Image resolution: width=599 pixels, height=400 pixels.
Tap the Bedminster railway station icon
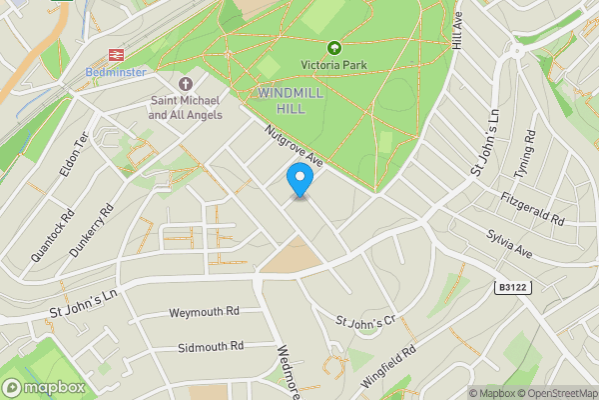(117, 55)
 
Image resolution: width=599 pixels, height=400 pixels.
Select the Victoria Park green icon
(332, 47)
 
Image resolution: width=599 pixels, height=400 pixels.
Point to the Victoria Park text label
(332, 66)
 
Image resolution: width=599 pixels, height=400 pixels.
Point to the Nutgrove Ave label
(295, 146)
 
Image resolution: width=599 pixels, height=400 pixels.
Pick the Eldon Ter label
(75, 154)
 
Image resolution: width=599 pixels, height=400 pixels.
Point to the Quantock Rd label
(53, 236)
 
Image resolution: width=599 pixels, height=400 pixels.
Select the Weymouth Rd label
(206, 312)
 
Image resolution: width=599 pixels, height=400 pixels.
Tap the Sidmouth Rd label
(211, 347)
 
